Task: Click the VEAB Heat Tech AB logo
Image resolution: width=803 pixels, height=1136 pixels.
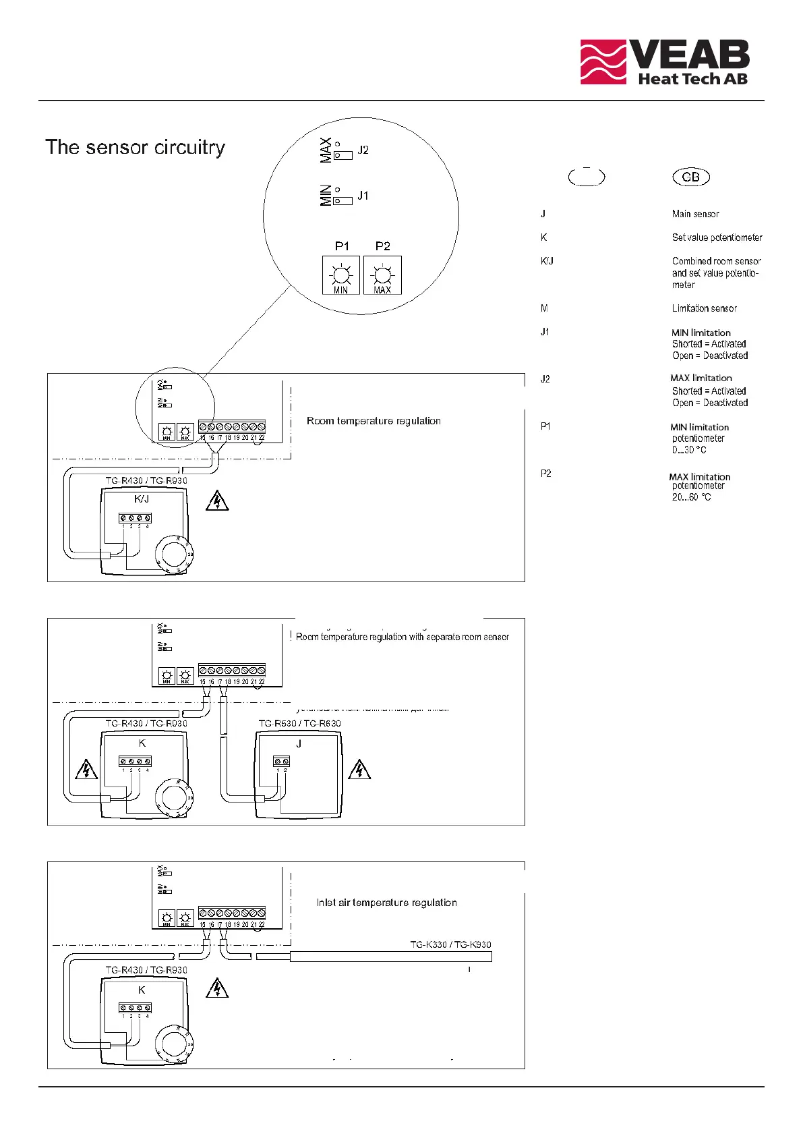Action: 665,62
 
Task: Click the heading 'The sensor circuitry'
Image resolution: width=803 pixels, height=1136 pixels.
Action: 135,147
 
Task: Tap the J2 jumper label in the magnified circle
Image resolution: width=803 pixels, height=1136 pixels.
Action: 363,150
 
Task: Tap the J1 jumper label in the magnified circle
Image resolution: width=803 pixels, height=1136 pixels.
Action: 363,196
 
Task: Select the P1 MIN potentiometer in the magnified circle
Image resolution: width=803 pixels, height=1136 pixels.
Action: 341,275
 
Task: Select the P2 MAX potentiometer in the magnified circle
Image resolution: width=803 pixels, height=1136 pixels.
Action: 382,275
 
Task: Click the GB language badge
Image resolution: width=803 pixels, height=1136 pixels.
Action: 691,177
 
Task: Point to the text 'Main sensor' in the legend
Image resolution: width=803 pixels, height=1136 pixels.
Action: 695,214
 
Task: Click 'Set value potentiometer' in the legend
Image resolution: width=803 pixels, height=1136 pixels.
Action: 717,237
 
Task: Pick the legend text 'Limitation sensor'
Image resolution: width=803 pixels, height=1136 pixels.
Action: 704,308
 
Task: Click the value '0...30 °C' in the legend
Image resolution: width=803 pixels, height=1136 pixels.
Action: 689,450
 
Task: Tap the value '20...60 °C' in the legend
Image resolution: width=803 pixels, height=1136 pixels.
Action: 691,497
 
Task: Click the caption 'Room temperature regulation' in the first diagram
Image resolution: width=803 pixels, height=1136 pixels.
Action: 374,421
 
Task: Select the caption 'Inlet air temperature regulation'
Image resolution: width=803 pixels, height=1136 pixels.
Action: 386,903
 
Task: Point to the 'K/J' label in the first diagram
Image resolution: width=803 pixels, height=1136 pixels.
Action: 142,499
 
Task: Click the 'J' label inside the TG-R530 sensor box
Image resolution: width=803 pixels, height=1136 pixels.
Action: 299,743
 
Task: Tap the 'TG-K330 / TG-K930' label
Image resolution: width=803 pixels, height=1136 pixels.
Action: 450,944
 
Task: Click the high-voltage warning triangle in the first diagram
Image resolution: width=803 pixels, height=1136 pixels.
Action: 217,501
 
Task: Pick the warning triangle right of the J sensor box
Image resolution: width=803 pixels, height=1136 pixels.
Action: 359,770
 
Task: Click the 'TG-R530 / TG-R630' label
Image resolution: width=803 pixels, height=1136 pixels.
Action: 299,723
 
